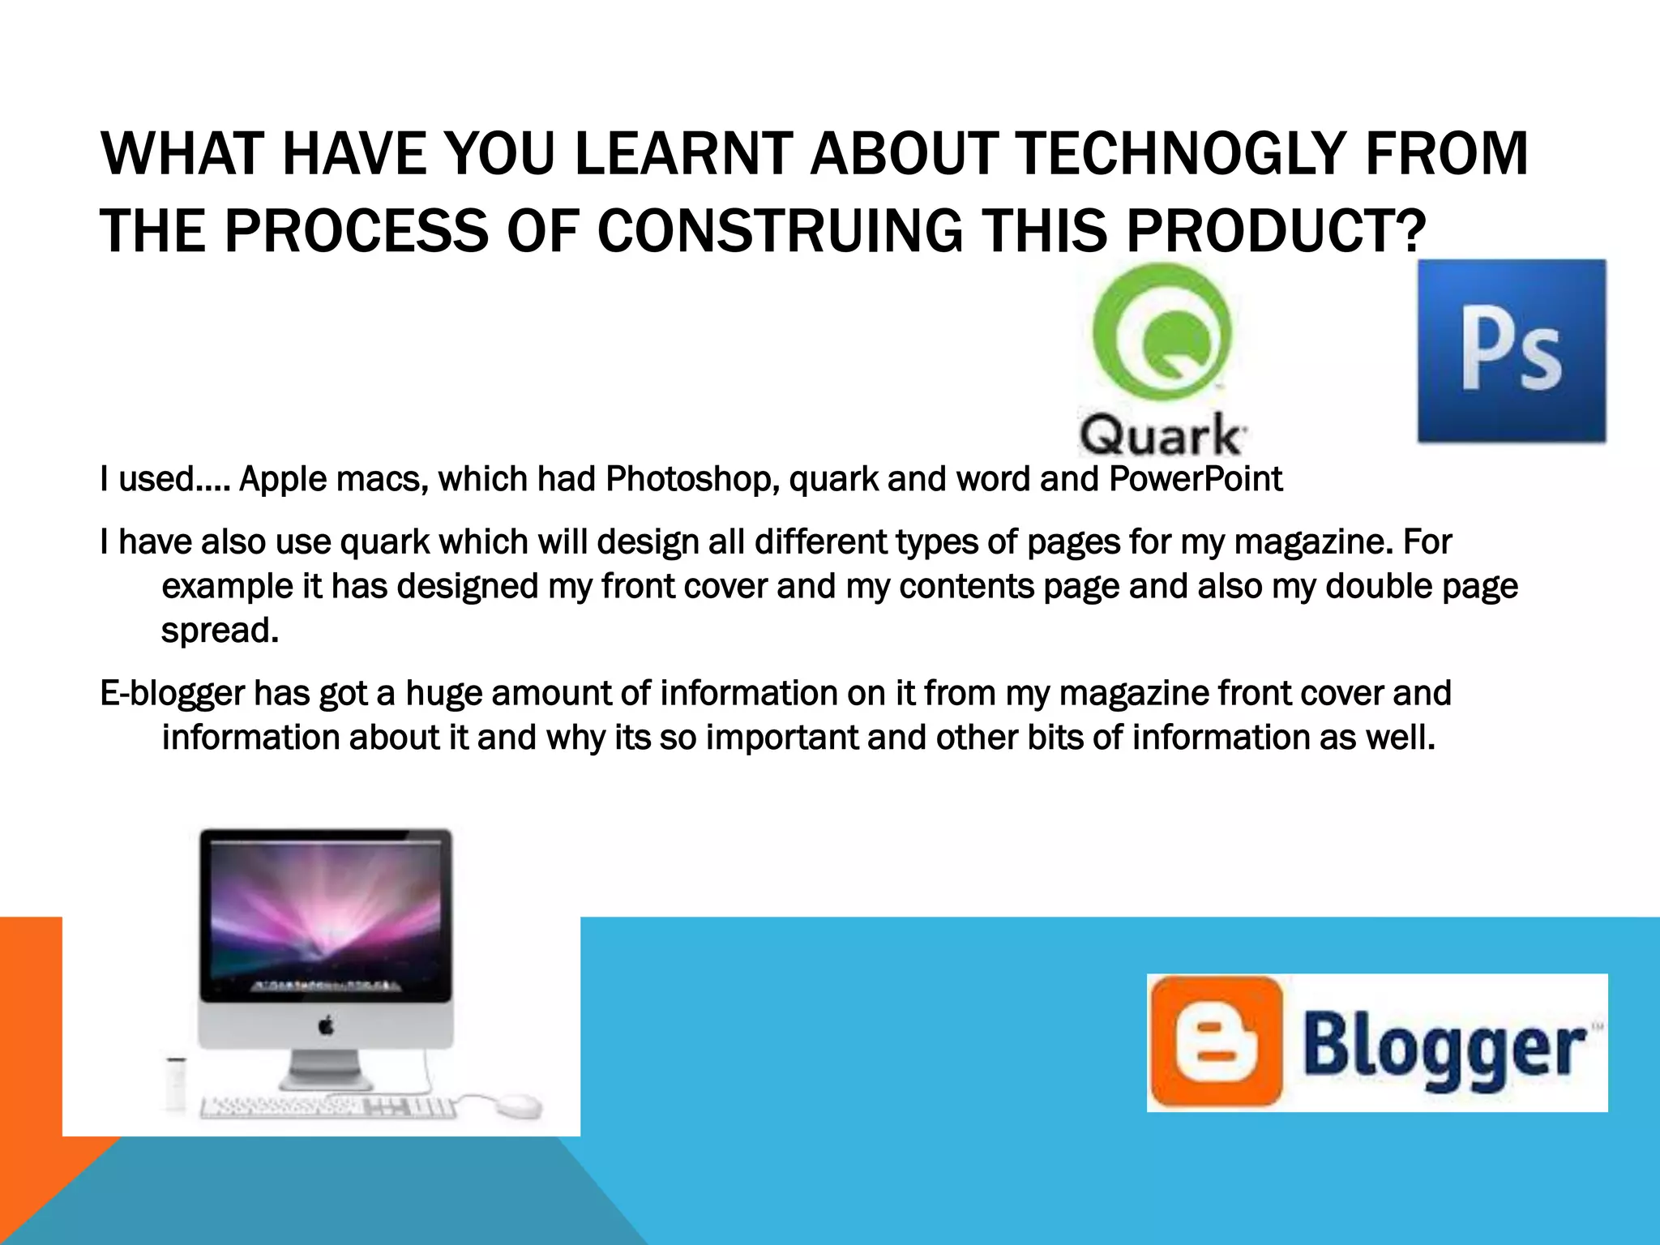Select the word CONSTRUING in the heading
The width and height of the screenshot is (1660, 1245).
[780, 231]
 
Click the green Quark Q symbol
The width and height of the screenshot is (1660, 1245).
[1162, 332]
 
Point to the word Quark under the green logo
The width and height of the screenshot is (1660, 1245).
[1161, 435]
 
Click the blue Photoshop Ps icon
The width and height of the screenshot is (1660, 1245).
[1512, 351]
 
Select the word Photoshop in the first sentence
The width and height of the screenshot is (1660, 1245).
[692, 479]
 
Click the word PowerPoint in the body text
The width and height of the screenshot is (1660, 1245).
[1196, 479]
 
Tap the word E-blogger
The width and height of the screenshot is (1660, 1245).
[172, 694]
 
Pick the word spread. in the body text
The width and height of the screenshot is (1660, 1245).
[220, 631]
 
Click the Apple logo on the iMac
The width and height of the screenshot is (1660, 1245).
[326, 1027]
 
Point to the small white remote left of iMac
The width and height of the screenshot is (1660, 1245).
[175, 1083]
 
